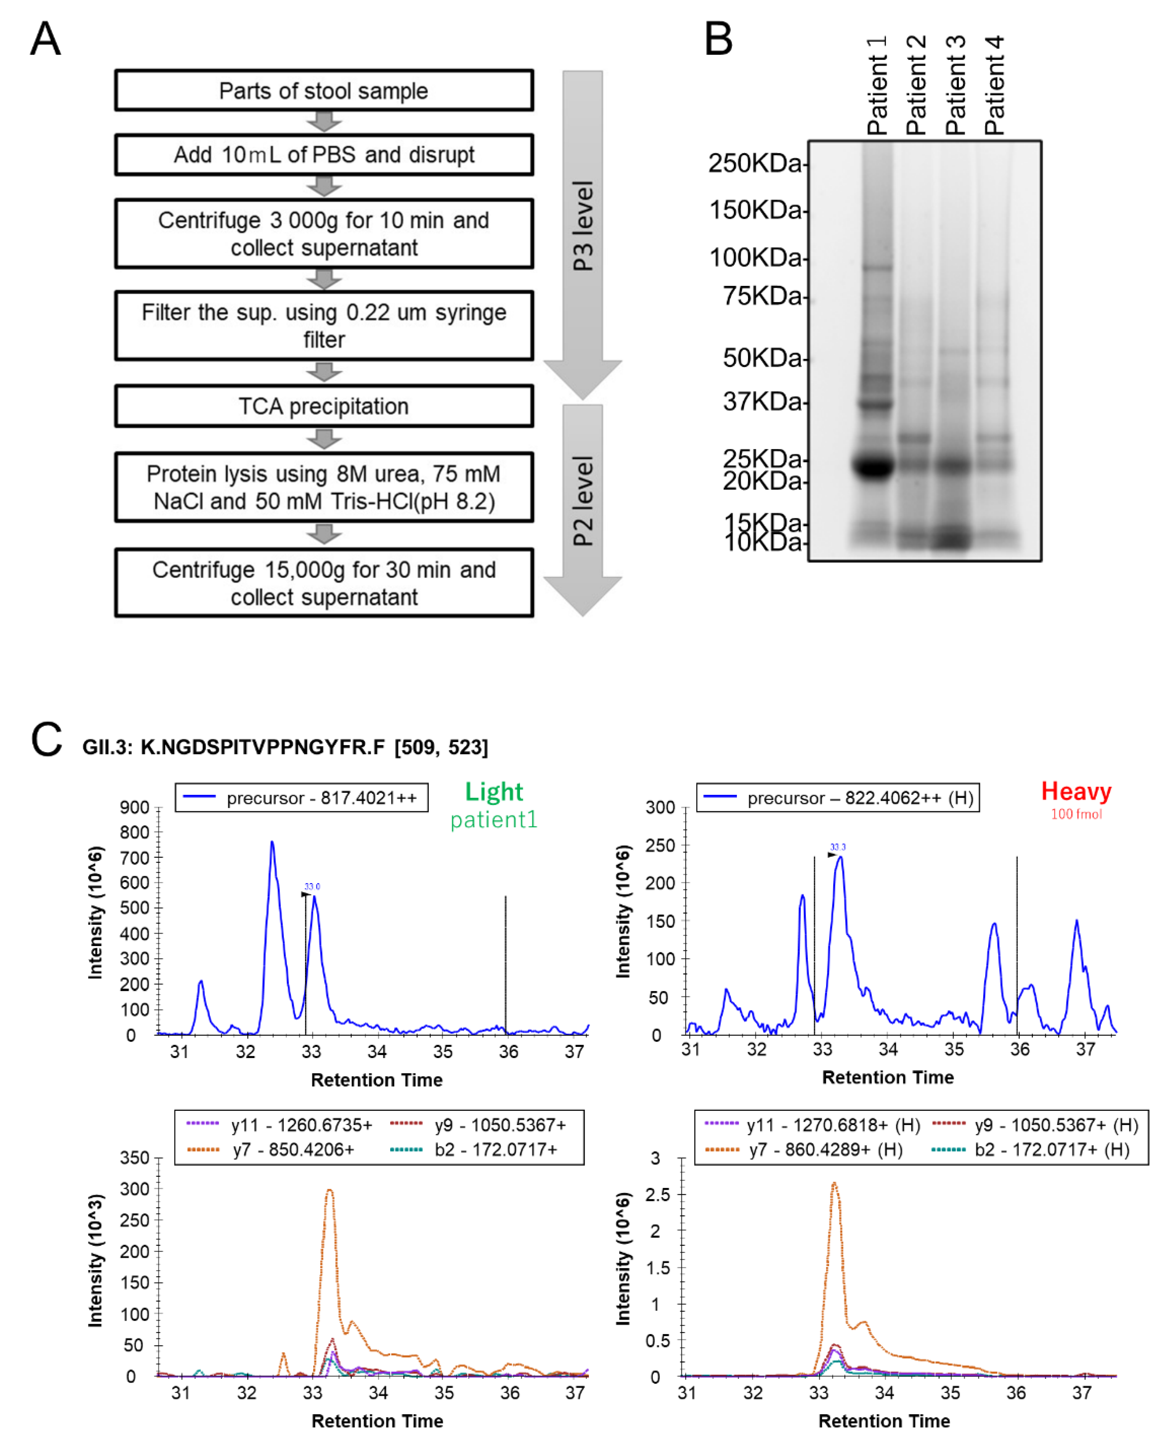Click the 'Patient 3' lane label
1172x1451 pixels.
point(955,86)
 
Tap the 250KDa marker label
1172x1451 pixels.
point(755,163)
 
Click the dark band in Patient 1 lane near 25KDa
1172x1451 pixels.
point(875,466)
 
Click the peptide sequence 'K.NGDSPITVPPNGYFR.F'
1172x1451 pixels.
point(263,747)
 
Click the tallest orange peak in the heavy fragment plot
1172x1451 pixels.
point(834,1183)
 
